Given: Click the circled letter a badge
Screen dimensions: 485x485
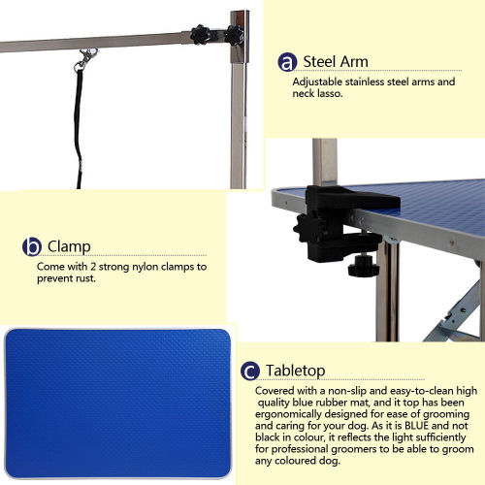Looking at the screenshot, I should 287,62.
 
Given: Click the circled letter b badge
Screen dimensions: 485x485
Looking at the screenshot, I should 32,246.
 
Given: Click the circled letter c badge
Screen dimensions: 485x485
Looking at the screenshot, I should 250,371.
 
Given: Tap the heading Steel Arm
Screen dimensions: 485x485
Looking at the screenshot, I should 336,62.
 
